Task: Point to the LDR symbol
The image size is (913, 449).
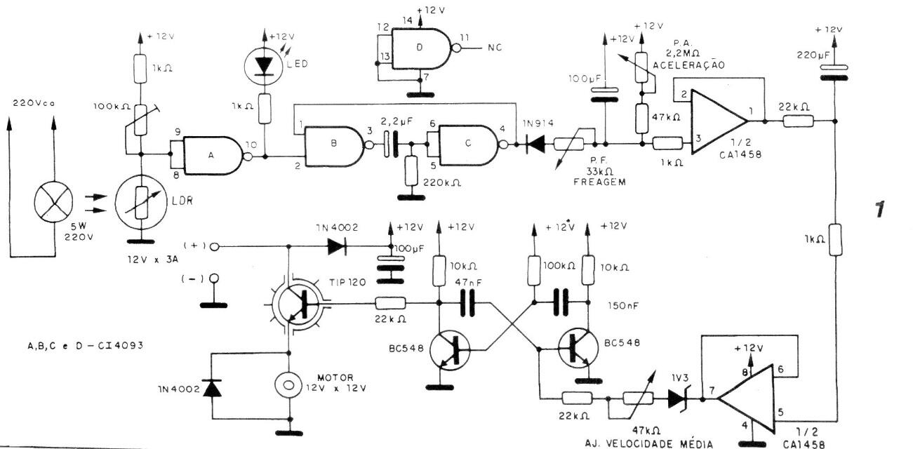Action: (x=141, y=201)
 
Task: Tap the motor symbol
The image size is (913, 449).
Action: (x=287, y=384)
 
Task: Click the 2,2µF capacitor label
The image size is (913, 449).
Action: (x=394, y=121)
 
